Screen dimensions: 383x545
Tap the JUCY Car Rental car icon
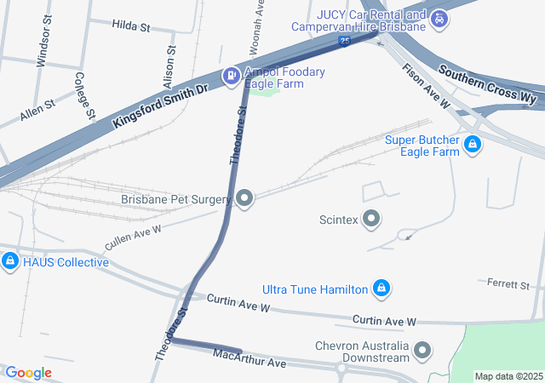[x=439, y=18]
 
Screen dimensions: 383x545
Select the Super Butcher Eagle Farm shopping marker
[x=472, y=146]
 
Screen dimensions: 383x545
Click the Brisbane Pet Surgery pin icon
[x=245, y=200]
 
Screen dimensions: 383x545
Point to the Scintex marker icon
[x=371, y=220]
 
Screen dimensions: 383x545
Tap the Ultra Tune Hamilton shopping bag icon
[x=382, y=289]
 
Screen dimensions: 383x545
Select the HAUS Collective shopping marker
[x=10, y=261]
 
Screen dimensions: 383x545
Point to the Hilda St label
[x=130, y=27]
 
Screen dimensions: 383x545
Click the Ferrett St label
[x=508, y=283]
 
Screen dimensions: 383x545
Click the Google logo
[x=28, y=373]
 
